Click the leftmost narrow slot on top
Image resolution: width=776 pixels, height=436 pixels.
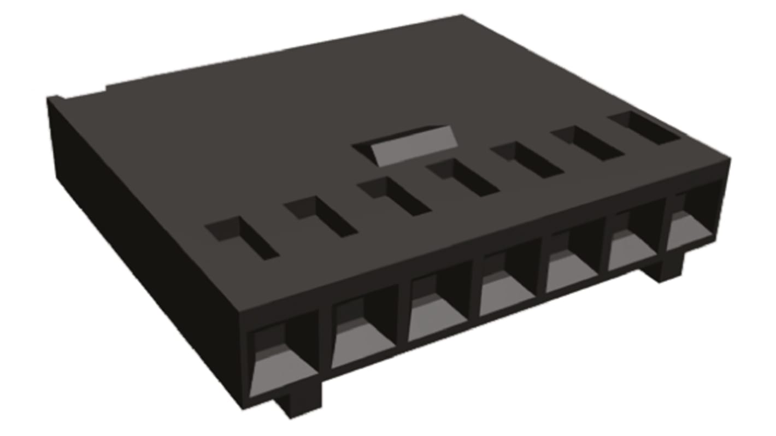tap(242, 238)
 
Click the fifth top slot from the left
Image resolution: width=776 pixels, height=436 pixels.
tap(527, 160)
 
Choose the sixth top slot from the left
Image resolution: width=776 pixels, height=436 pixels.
tap(587, 143)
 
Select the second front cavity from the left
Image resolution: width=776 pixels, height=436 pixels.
tap(363, 333)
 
